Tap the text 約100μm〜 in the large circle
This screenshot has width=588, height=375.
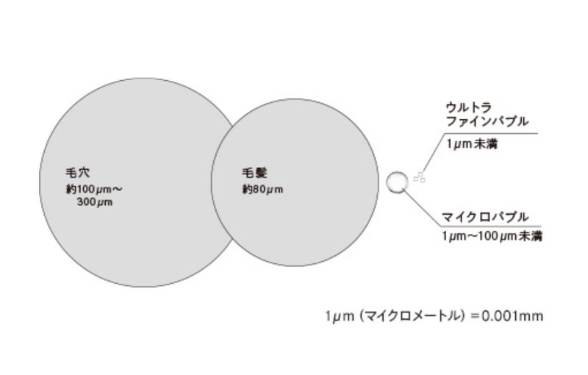tap(94, 189)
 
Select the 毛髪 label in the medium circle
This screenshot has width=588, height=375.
tap(254, 174)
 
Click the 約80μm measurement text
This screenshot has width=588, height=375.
tap(263, 189)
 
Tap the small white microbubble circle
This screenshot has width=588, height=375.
tap(397, 182)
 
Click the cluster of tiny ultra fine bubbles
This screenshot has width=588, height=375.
tap(419, 176)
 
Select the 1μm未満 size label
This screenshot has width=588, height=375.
tap(472, 144)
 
